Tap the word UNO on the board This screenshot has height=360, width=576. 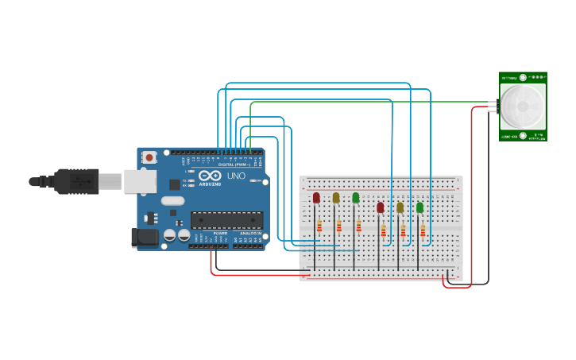(237, 176)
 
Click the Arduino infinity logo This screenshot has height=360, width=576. (210, 176)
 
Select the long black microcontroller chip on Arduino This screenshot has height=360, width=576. (226, 219)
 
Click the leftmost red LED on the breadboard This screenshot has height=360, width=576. (316, 197)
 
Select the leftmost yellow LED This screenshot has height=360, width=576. (336, 197)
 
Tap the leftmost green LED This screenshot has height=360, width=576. (356, 197)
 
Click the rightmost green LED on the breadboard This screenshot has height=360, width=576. (419, 207)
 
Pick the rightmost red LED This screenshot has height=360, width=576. (380, 207)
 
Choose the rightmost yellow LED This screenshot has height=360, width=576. (400, 207)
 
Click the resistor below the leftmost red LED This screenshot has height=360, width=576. (319, 226)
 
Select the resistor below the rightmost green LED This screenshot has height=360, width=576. (423, 231)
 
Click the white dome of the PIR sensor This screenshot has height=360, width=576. (522, 106)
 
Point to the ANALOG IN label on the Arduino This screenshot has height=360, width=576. (251, 234)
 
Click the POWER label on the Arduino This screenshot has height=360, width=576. (219, 234)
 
